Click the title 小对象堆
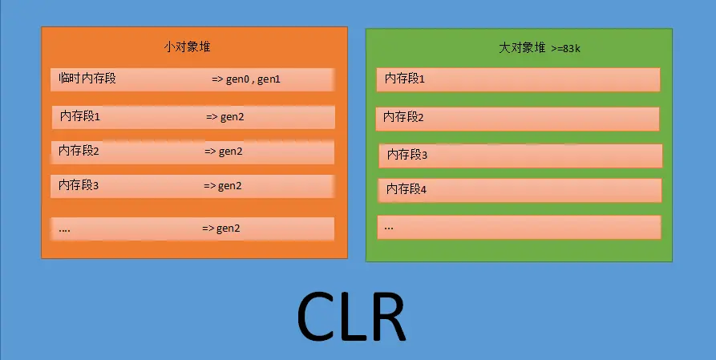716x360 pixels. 188,48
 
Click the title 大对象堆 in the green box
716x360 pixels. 520,49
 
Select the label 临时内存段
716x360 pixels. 87,79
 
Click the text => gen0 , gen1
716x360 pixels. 246,79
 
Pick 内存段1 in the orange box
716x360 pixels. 80,117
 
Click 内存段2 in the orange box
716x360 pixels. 79,150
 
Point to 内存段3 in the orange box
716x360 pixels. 79,185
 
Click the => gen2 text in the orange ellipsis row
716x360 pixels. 221,229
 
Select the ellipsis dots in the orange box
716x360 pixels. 65,229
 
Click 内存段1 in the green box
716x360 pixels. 405,79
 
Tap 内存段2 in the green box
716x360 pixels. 403,117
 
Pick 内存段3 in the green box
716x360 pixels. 407,154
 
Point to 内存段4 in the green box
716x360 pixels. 407,189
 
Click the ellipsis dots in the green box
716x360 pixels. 389,227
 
